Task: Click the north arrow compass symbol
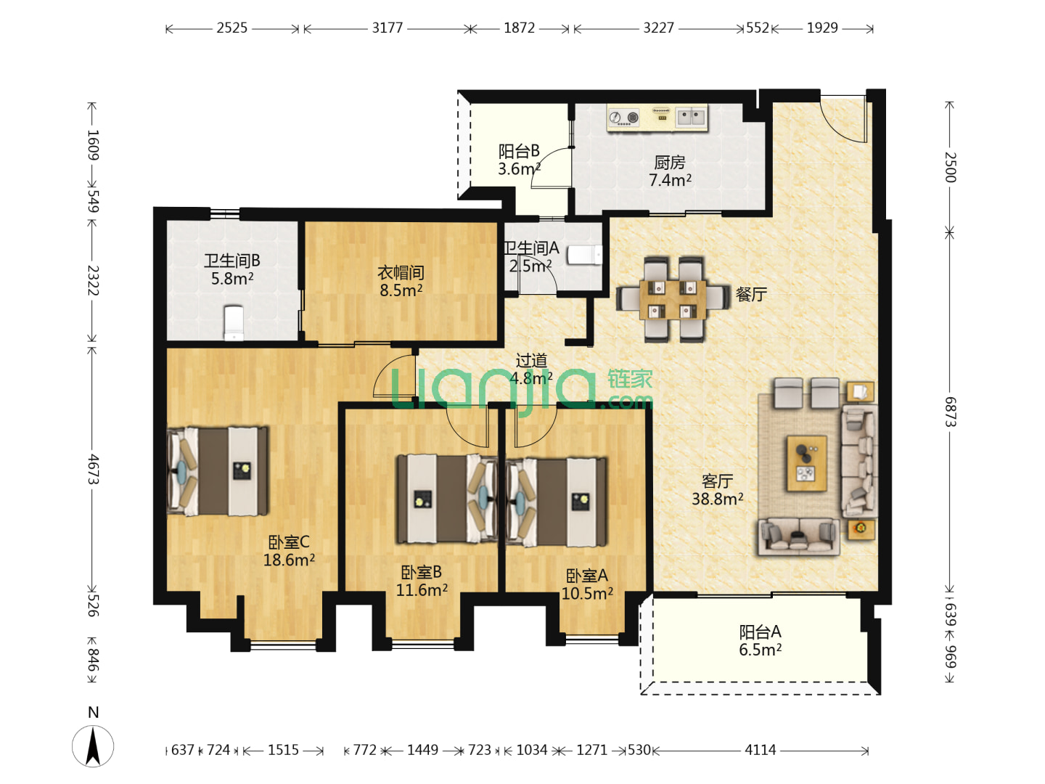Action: click(x=93, y=746)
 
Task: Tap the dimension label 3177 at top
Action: click(x=387, y=28)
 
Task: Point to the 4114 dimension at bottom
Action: click(x=761, y=750)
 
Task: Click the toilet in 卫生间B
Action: click(x=234, y=323)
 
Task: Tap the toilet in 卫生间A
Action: click(x=585, y=255)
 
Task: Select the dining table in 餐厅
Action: click(x=673, y=299)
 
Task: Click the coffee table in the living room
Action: click(x=806, y=462)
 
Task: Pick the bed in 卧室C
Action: click(x=217, y=471)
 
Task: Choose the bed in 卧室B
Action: click(x=447, y=499)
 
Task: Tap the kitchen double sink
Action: click(x=691, y=117)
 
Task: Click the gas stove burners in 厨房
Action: click(x=624, y=117)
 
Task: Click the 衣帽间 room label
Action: click(x=401, y=273)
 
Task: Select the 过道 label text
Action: click(x=531, y=361)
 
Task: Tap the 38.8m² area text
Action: click(x=717, y=499)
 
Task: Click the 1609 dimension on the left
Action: click(x=93, y=145)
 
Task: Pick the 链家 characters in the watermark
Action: click(x=630, y=380)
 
